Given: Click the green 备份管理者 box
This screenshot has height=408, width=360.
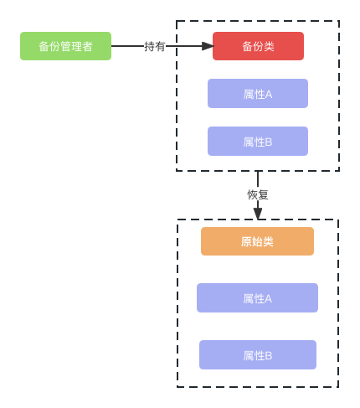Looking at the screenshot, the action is [x=65, y=46].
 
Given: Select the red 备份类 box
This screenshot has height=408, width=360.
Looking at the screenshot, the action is [x=258, y=46].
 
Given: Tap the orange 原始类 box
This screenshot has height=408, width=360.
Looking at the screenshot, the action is [x=257, y=241].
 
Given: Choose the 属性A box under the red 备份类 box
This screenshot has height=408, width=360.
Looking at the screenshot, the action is [x=258, y=94].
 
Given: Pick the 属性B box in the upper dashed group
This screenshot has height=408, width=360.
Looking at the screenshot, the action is [x=258, y=142].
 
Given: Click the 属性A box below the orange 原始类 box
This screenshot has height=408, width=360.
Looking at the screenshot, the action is [x=257, y=298].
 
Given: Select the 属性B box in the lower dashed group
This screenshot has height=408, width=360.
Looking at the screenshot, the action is [x=258, y=355].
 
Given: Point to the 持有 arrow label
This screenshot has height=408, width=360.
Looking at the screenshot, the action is [x=155, y=46].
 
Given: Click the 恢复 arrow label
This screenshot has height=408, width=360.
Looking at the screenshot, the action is [x=258, y=194].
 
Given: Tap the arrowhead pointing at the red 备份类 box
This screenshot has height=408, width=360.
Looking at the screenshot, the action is [x=208, y=46].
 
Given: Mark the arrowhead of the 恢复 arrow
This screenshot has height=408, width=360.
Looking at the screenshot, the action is [x=258, y=214].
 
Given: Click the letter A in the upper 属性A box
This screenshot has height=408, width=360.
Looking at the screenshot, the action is [x=269, y=95].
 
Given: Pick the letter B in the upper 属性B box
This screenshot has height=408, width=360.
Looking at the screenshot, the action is [x=269, y=142].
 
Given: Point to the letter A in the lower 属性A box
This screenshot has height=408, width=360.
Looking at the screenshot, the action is [x=268, y=299].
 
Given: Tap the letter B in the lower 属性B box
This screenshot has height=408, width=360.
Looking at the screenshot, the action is [x=269, y=356].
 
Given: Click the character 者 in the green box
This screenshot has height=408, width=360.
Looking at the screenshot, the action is [x=87, y=46].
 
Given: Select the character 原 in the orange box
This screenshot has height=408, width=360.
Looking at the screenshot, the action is [x=246, y=241].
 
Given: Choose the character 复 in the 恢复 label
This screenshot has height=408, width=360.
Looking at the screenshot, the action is [x=263, y=194].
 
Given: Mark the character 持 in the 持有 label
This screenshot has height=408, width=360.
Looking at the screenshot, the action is [x=150, y=46].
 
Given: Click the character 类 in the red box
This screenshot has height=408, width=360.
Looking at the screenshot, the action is [x=269, y=46].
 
